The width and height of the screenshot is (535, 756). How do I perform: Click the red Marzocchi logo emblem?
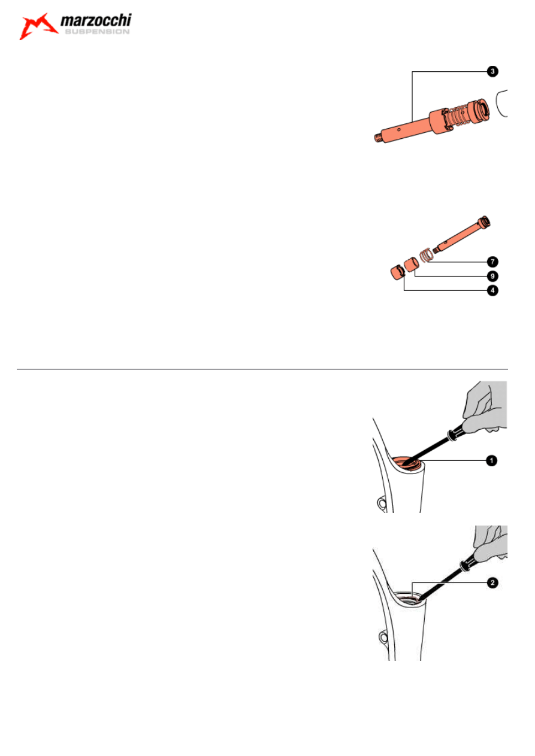point(38,26)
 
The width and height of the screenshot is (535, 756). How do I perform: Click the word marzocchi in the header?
point(96,20)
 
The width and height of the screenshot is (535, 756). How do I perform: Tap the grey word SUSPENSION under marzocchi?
point(97,32)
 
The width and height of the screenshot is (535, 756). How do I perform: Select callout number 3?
point(492,72)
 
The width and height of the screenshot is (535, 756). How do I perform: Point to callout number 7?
point(492,262)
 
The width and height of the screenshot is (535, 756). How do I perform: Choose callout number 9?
point(492,276)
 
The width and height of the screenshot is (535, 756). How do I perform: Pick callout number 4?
point(492,290)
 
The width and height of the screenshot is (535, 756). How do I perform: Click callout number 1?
point(491,460)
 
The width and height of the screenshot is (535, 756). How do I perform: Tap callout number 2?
point(492,582)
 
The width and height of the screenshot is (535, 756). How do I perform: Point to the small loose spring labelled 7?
point(425,255)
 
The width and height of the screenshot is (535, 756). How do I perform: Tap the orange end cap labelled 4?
point(397,272)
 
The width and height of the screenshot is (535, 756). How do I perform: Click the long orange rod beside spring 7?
point(461,234)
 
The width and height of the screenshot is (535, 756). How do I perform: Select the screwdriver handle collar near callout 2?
point(466,566)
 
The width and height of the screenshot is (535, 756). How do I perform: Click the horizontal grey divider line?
point(262,369)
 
